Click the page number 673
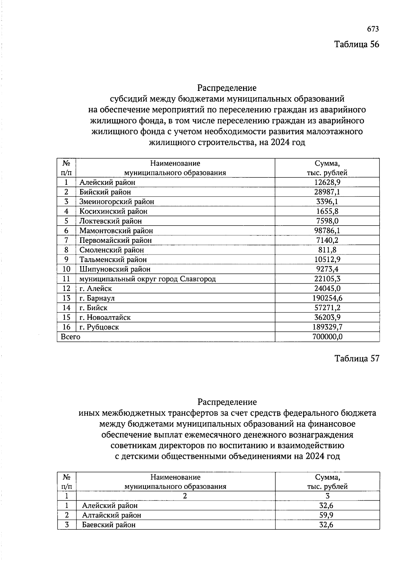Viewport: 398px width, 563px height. pos(373,29)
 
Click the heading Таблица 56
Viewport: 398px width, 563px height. pos(357,44)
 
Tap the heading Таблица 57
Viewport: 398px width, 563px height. pos(357,359)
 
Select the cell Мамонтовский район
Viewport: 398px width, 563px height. pos(116,231)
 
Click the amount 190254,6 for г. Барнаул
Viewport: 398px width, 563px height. pos(327,298)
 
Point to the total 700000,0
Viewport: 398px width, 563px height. pos(327,337)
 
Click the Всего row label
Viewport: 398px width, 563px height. pos(71,337)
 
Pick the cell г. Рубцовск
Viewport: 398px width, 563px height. pos(99,327)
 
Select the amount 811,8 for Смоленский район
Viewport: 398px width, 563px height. pos(327,250)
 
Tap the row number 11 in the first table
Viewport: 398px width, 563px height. pos(66,279)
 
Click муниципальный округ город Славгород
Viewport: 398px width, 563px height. pos(148,279)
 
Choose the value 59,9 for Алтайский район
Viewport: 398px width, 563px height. pos(327,515)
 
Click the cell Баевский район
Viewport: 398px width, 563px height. pos(109,525)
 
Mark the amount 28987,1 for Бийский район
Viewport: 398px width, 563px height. pos(327,192)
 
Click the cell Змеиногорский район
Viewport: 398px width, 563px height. pos(117,202)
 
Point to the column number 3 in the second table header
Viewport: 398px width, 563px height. pos(327,496)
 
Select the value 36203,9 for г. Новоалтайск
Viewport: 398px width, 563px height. pos(327,317)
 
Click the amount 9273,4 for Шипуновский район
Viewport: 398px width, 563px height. pos(327,269)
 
